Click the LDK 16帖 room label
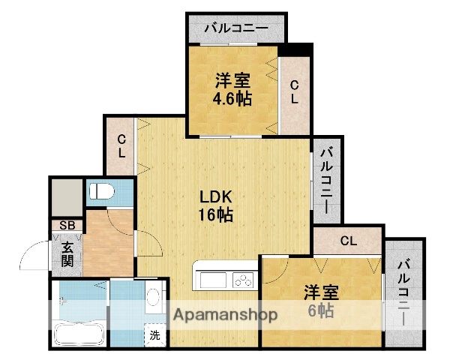tap(216, 205)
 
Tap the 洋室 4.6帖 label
tap(232, 88)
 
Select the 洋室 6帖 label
tap(320, 300)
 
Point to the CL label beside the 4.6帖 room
tap(295, 91)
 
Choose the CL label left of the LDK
tap(121, 145)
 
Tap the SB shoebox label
tap(66, 226)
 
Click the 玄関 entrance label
tap(67, 253)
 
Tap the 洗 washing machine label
tap(154, 335)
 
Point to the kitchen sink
tap(211, 280)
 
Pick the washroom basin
tap(154, 298)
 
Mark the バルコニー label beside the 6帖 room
tap(405, 292)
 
